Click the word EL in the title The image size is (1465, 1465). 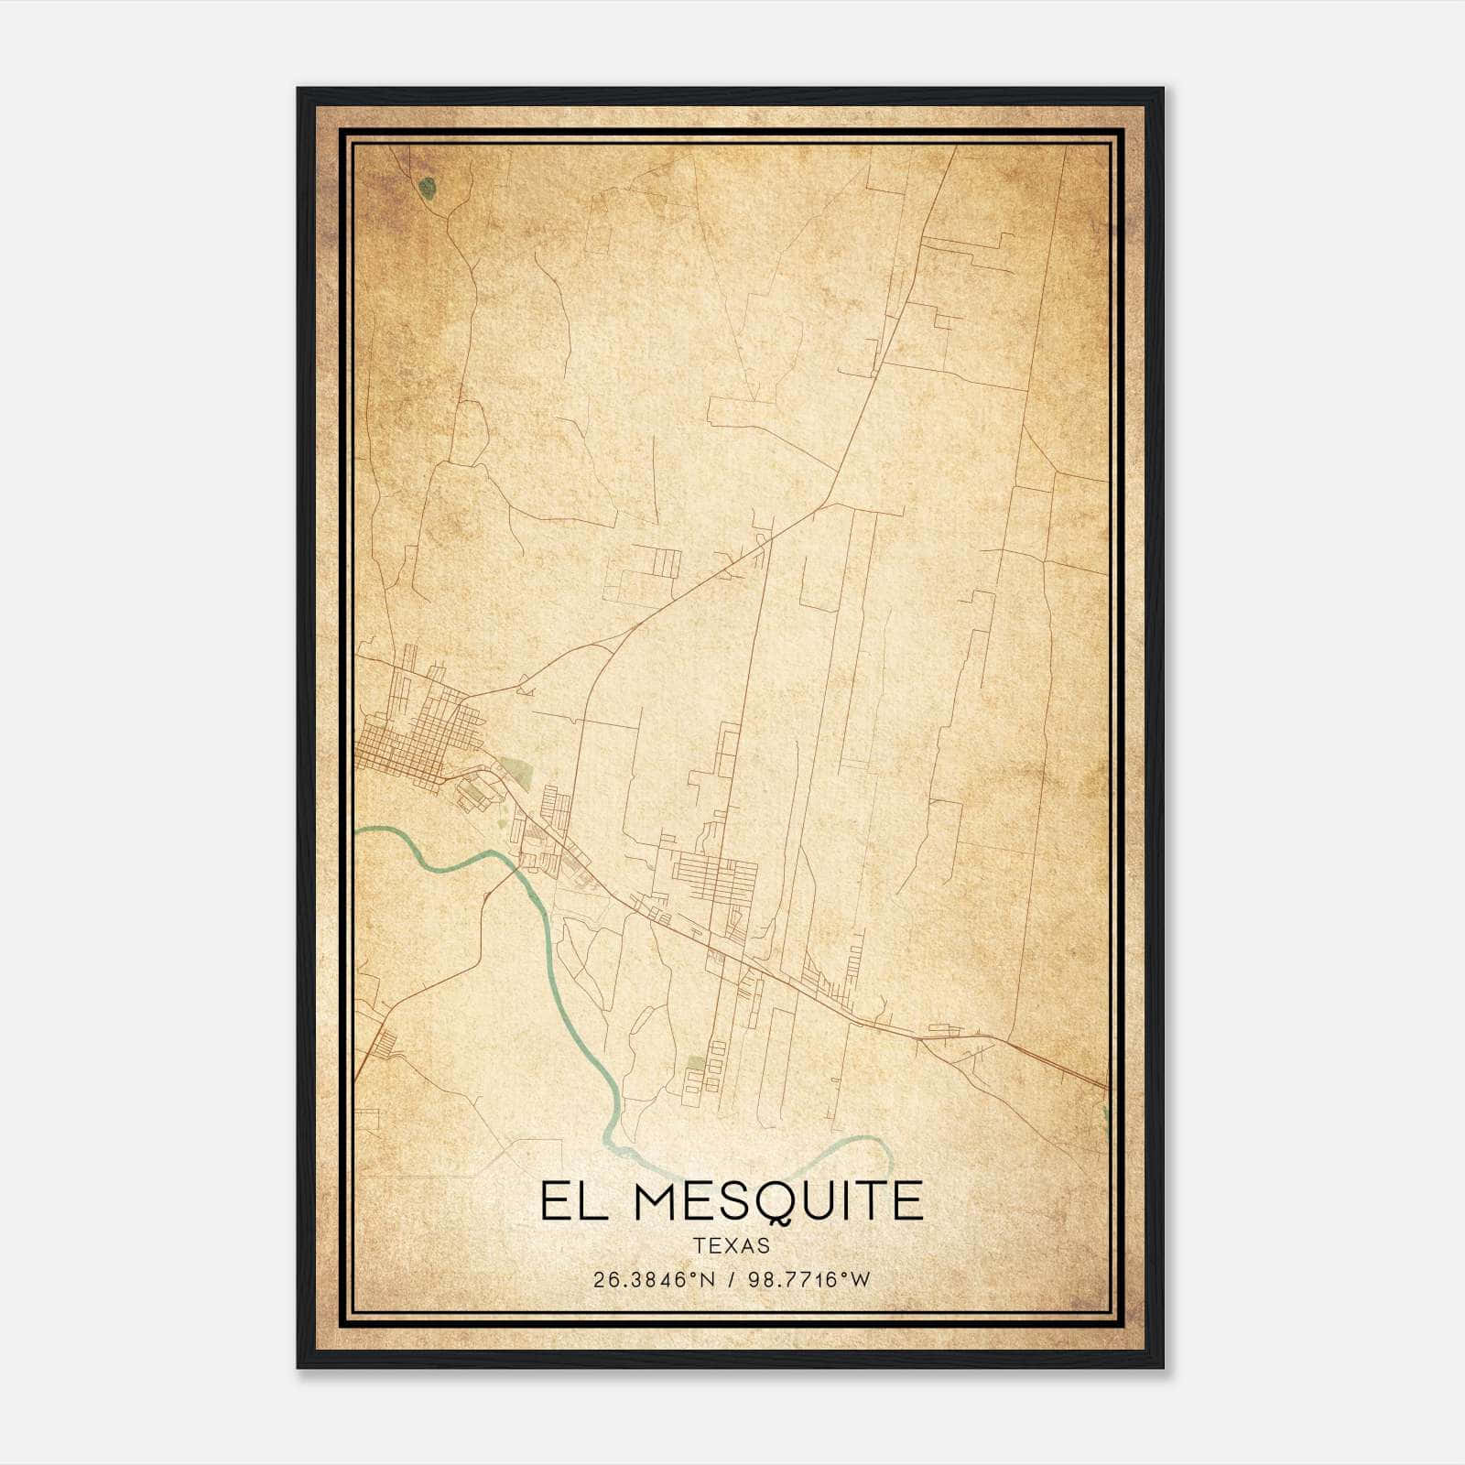(567, 1201)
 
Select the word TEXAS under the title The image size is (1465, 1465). (732, 1245)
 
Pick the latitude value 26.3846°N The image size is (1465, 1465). (653, 1280)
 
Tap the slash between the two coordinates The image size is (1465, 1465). (729, 1280)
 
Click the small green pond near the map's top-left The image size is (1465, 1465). (427, 189)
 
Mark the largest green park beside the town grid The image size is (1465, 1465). (514, 772)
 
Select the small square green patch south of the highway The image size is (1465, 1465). (697, 1063)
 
